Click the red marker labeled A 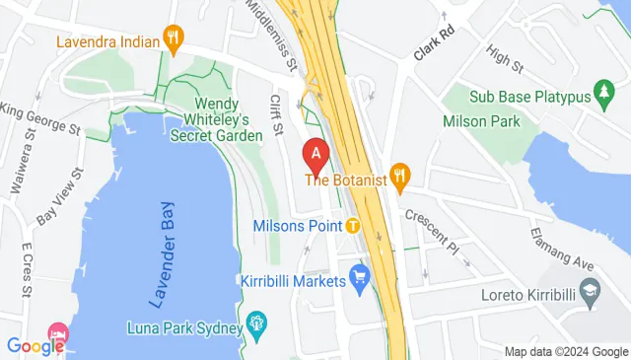[x=315, y=155]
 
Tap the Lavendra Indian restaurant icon [x=175, y=40]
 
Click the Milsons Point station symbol [x=352, y=225]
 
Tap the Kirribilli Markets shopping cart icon [x=359, y=279]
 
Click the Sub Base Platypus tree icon [x=603, y=96]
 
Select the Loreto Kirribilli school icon [x=590, y=292]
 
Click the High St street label [x=504, y=60]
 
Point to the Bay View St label [x=58, y=201]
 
